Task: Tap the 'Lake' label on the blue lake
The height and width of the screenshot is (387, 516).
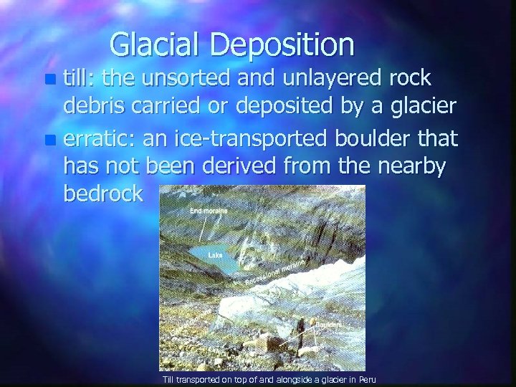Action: pos(214,254)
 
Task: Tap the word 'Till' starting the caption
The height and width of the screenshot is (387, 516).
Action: pos(168,378)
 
